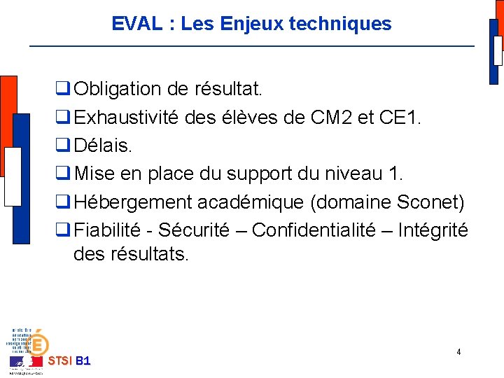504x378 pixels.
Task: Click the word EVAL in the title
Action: [x=137, y=24]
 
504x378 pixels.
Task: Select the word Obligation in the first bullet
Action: [x=118, y=90]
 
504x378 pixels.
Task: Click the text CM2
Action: [x=329, y=118]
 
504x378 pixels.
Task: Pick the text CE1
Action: [x=400, y=118]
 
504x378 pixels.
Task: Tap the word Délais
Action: [x=102, y=146]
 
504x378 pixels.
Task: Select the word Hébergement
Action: [x=133, y=202]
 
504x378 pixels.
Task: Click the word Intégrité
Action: [x=433, y=230]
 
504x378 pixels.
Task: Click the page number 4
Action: [x=458, y=352]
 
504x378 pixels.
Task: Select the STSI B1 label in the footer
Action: [x=69, y=361]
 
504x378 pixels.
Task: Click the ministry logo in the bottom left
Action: [x=28, y=350]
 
